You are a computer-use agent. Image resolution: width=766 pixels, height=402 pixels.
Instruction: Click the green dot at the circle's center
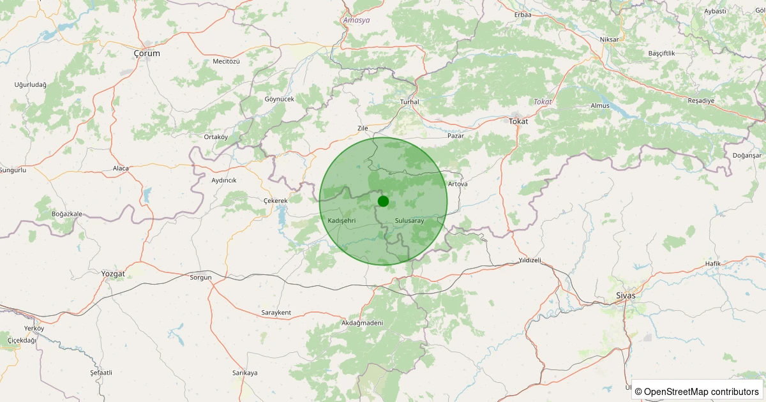(x=383, y=201)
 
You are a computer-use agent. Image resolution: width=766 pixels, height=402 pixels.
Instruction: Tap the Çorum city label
(x=147, y=54)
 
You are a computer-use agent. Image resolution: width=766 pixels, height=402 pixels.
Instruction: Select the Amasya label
(x=356, y=20)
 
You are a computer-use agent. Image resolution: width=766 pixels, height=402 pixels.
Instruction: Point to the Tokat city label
(x=518, y=121)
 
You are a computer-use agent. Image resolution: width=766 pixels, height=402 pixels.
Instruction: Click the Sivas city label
(x=626, y=295)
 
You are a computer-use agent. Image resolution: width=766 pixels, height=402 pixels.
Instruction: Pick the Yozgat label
(x=113, y=274)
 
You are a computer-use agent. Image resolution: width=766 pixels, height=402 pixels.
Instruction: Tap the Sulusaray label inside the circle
(x=410, y=220)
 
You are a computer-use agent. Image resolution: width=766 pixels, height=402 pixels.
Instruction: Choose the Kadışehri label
(x=341, y=220)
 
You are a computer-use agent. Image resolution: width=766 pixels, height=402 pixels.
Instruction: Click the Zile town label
(x=363, y=128)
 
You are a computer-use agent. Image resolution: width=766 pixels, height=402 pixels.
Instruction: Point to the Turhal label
(x=409, y=102)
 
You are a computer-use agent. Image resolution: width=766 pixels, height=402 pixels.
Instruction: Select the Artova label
(x=458, y=184)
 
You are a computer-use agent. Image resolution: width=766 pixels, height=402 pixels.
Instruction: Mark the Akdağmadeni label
(x=362, y=323)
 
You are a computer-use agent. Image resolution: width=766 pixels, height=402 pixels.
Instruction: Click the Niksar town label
(x=610, y=40)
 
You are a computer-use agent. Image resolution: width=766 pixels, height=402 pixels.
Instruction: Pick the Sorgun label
(x=200, y=278)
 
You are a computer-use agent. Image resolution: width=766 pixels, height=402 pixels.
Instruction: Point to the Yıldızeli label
(x=530, y=260)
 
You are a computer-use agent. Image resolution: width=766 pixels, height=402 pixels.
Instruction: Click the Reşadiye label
(x=701, y=101)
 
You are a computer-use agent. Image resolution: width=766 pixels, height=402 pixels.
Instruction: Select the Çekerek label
(x=276, y=200)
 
